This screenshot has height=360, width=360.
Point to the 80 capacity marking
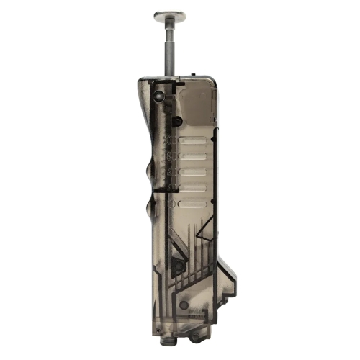168,153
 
